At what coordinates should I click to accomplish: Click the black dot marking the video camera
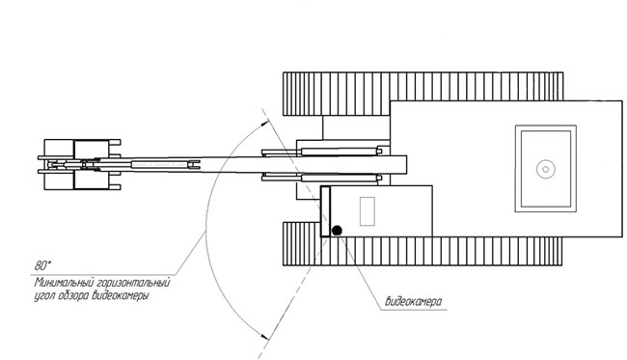(337, 231)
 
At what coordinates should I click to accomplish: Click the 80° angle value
(43, 265)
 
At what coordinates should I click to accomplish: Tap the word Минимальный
(64, 283)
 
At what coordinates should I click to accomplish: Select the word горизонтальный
(133, 283)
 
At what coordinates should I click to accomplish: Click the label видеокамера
(414, 301)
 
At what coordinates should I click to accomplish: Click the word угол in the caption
(44, 297)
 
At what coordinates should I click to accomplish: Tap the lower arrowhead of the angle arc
(264, 337)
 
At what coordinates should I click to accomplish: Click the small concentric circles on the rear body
(545, 169)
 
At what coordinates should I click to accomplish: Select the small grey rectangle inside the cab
(368, 211)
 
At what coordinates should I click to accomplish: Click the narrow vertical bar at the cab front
(325, 211)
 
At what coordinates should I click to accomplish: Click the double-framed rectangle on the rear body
(545, 168)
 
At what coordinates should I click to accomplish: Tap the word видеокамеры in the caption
(121, 296)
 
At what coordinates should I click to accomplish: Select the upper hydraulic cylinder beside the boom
(322, 152)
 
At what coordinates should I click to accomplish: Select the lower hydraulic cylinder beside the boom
(322, 178)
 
